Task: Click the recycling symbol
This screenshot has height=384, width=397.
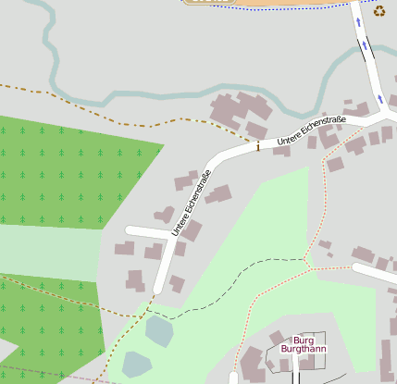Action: click(379, 11)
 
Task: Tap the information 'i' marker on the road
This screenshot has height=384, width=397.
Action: click(257, 145)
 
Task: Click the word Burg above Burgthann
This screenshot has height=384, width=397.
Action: click(292, 340)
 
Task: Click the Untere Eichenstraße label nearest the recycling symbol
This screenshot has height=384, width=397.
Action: click(311, 130)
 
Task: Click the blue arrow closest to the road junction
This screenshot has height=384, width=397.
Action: click(378, 96)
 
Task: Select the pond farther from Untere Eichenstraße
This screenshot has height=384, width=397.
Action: click(136, 364)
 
